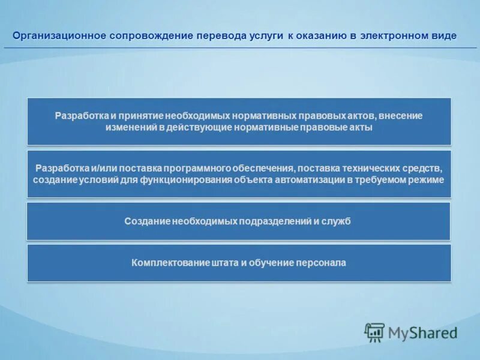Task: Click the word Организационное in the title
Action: [x=59, y=36]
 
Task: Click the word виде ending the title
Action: [x=443, y=36]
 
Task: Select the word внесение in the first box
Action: [x=401, y=116]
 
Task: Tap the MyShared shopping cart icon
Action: [x=374, y=332]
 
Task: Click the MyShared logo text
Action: [x=422, y=332]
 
